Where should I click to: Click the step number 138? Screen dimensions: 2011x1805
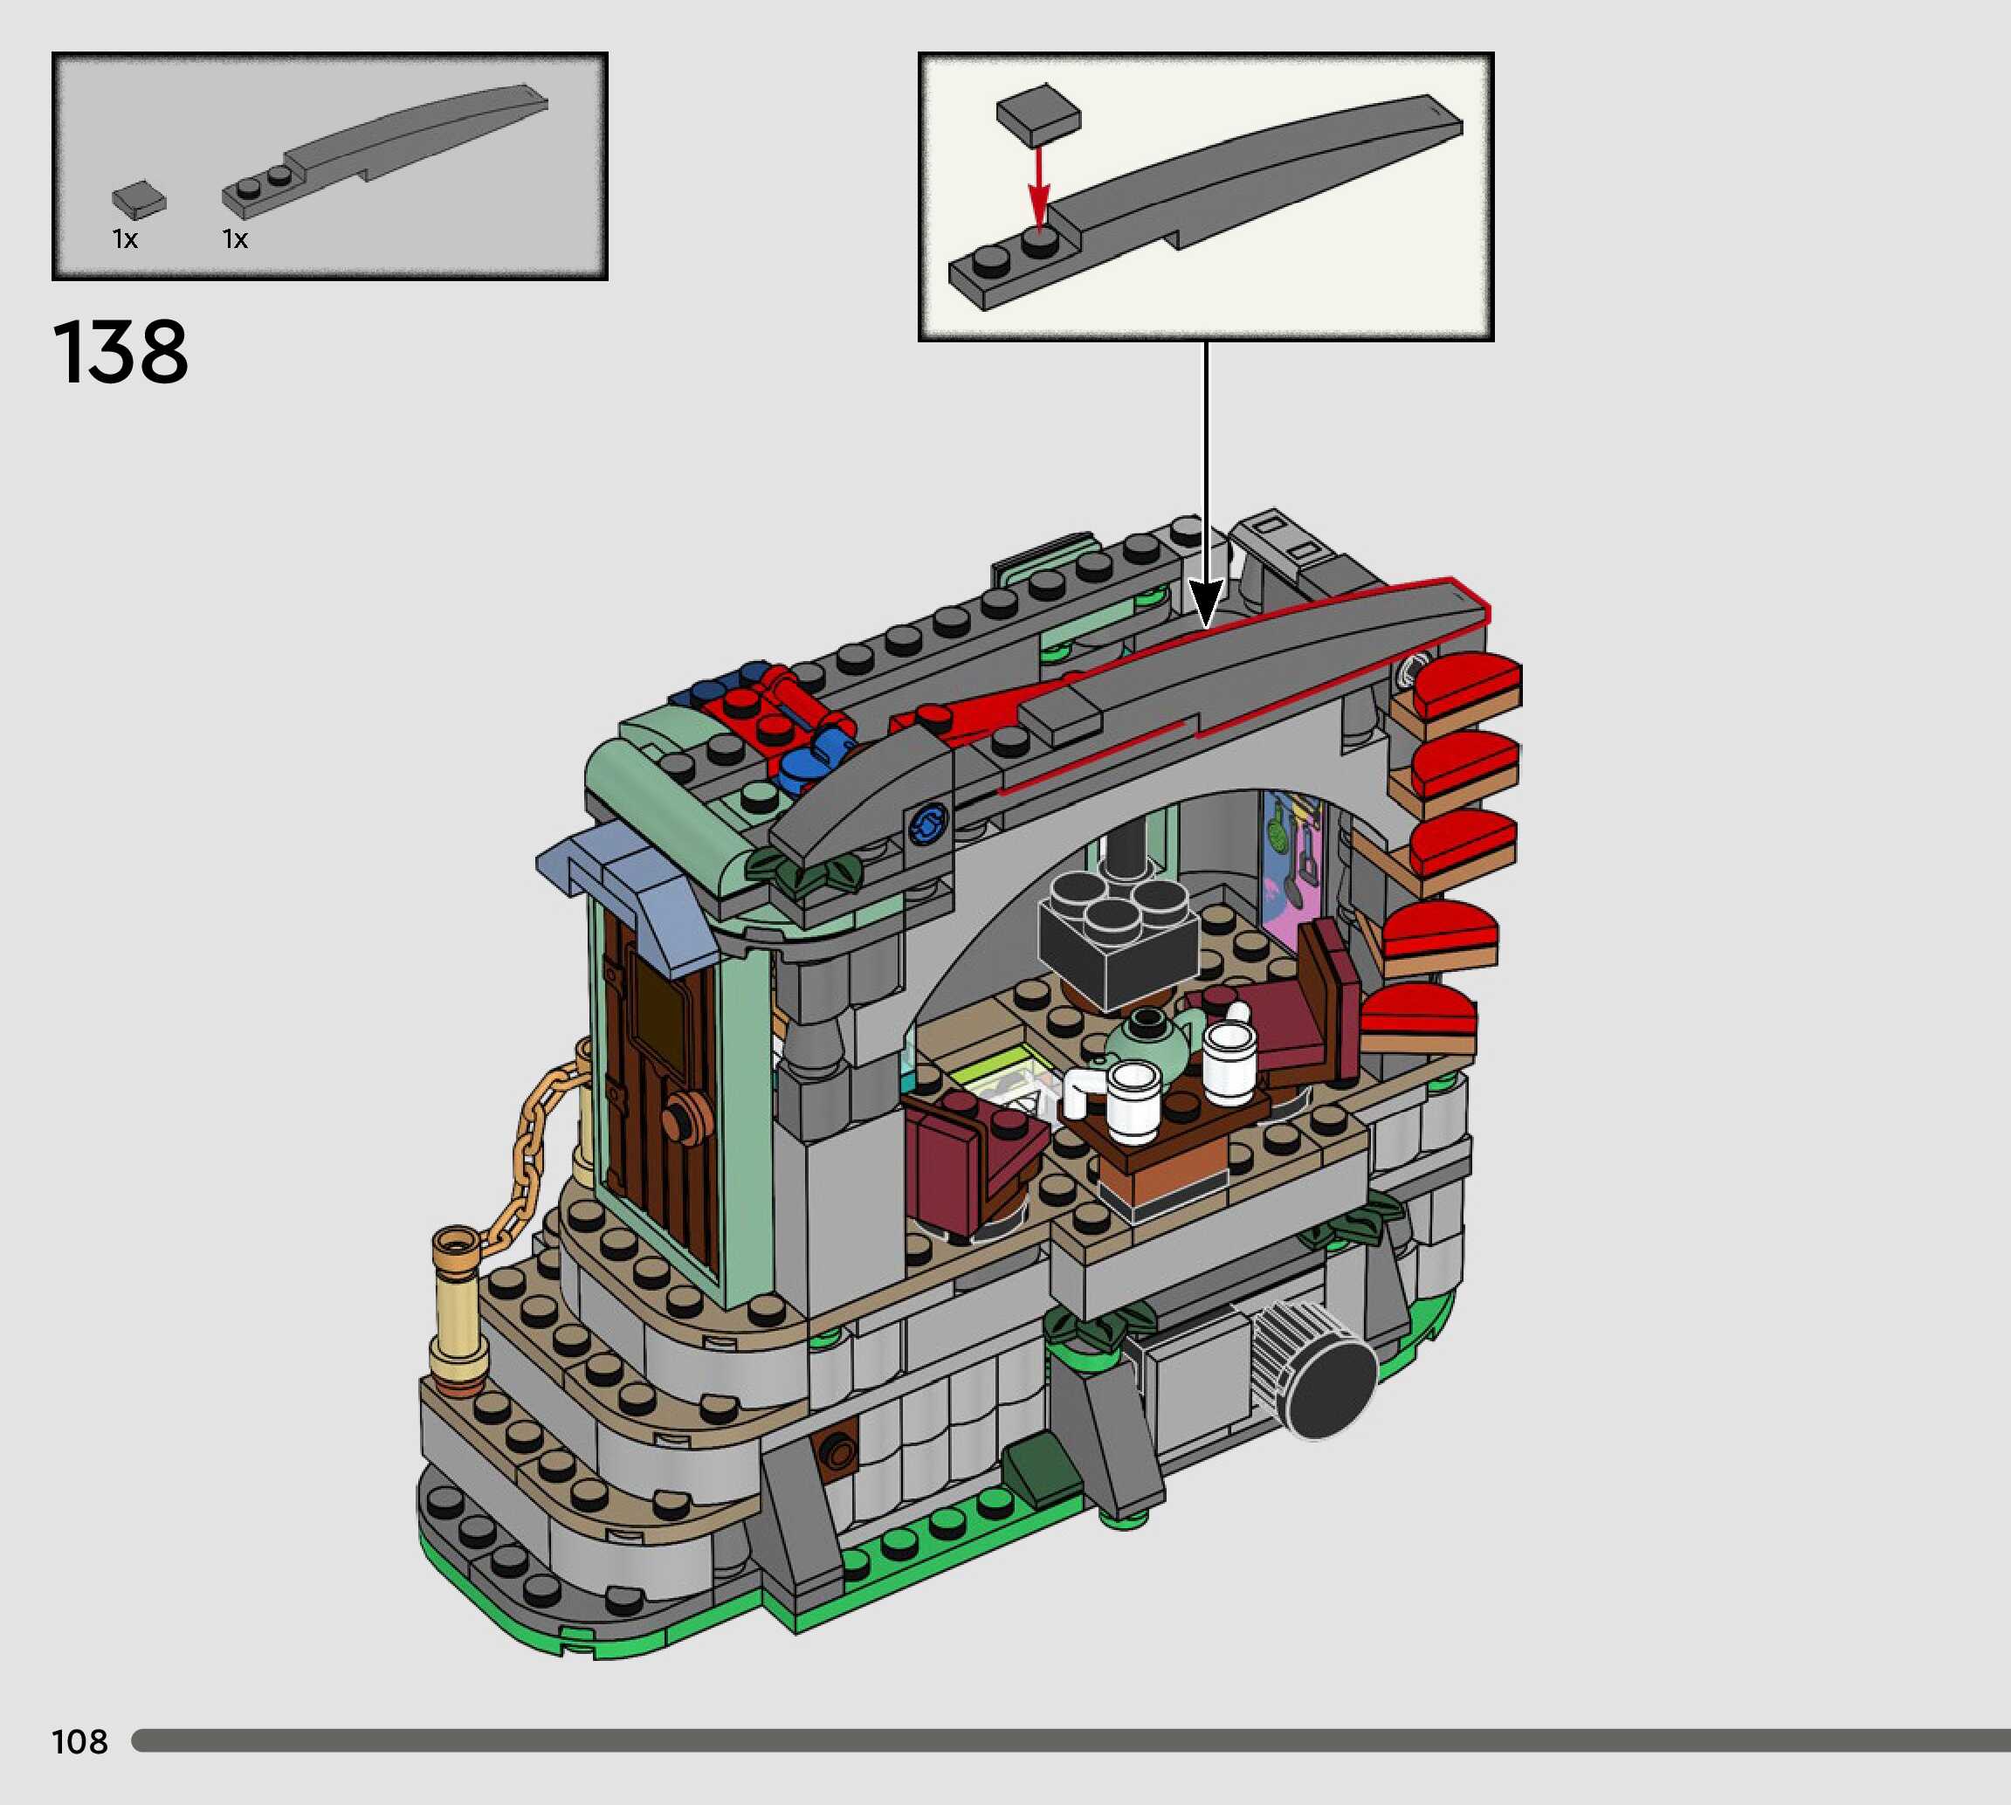pos(120,352)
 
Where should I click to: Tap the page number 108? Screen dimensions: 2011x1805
pos(79,1741)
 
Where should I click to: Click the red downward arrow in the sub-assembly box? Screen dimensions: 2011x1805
pos(1037,189)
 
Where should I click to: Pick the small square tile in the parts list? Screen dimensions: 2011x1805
pos(139,199)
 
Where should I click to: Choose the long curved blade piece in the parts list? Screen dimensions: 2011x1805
pos(385,151)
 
